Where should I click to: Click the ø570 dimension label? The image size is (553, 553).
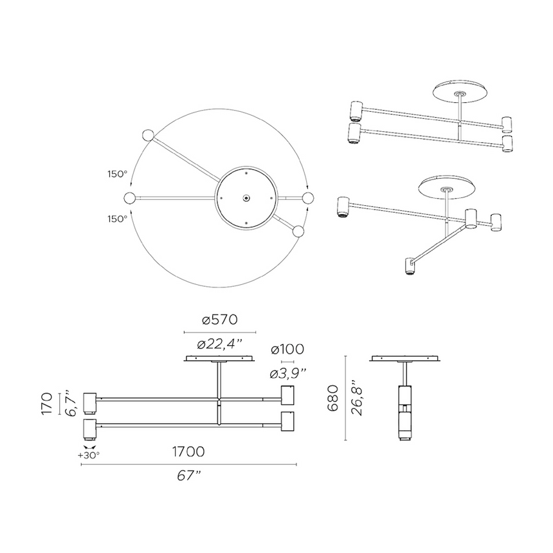point(220,319)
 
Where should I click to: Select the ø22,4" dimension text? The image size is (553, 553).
point(220,344)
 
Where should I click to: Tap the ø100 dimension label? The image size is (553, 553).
point(287,349)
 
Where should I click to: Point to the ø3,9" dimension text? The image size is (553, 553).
point(287,373)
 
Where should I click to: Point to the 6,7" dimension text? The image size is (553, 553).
point(72,404)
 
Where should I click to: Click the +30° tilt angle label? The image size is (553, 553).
point(89,455)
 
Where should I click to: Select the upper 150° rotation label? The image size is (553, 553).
point(117,174)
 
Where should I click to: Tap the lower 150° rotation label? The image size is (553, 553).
point(117,219)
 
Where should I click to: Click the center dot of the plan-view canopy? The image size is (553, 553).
point(246,198)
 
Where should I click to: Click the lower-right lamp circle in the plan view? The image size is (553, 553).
point(298,231)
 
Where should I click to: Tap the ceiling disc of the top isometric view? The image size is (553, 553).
point(459,91)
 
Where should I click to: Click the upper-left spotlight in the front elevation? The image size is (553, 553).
point(90,401)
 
